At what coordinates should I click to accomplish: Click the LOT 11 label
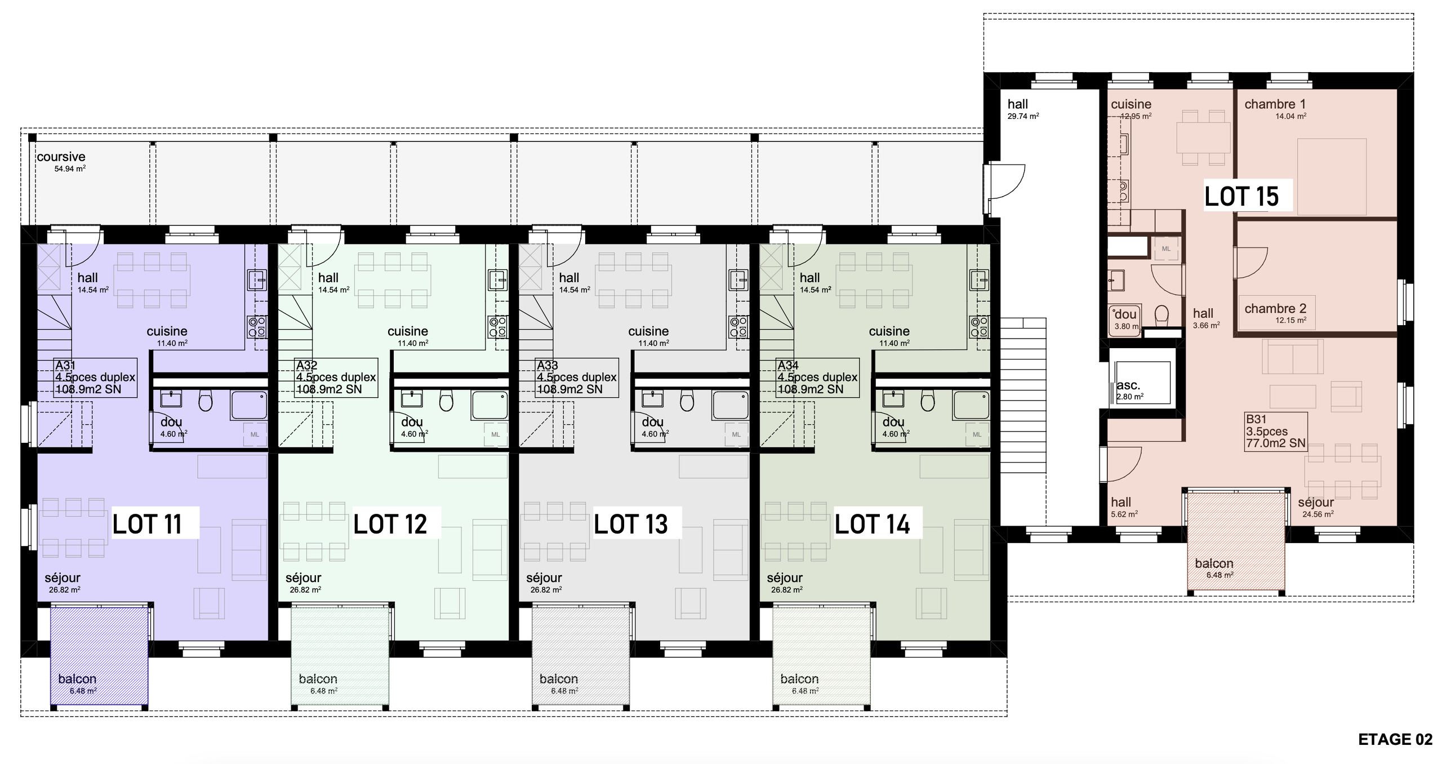pyautogui.click(x=147, y=524)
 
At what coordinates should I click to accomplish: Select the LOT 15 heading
pyautogui.click(x=1241, y=196)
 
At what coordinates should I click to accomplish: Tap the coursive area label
pyautogui.click(x=61, y=157)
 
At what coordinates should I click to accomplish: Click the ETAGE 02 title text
pyautogui.click(x=1395, y=739)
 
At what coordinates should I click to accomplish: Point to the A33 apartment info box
pyautogui.click(x=577, y=377)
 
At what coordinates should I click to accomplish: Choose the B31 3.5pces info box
pyautogui.click(x=1276, y=431)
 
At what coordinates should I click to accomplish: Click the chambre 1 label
pyautogui.click(x=1275, y=104)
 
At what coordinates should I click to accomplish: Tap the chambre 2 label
pyautogui.click(x=1275, y=309)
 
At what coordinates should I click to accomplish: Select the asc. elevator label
pyautogui.click(x=1128, y=385)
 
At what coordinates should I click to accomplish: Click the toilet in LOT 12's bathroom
pyautogui.click(x=446, y=401)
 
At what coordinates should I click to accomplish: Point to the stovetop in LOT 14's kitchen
pyautogui.click(x=980, y=327)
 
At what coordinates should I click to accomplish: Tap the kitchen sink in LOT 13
pyautogui.click(x=738, y=280)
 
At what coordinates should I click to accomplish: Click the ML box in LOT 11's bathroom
pyautogui.click(x=255, y=434)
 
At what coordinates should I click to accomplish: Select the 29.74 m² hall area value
pyautogui.click(x=1023, y=117)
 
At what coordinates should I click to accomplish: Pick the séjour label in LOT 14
pyautogui.click(x=785, y=578)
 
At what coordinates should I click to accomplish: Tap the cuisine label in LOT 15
pyautogui.click(x=1131, y=104)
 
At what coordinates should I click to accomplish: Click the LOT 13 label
pyautogui.click(x=631, y=524)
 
